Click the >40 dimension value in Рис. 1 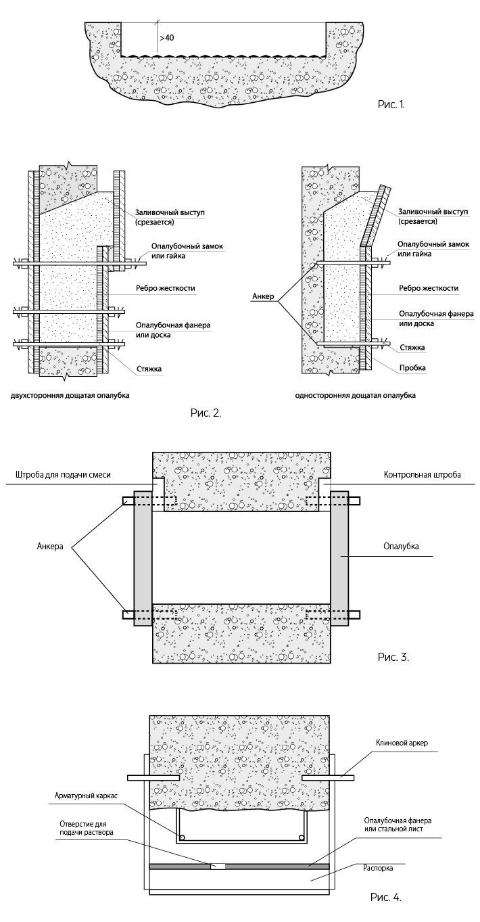point(167,39)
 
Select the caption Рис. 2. point(206,411)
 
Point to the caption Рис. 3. point(393,656)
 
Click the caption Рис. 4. point(386,898)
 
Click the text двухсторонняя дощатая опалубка point(69,394)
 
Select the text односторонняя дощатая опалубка point(355,394)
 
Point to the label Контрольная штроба point(422,475)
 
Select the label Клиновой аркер point(402,743)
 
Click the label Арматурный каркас point(86,796)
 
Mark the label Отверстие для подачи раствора point(86,827)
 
